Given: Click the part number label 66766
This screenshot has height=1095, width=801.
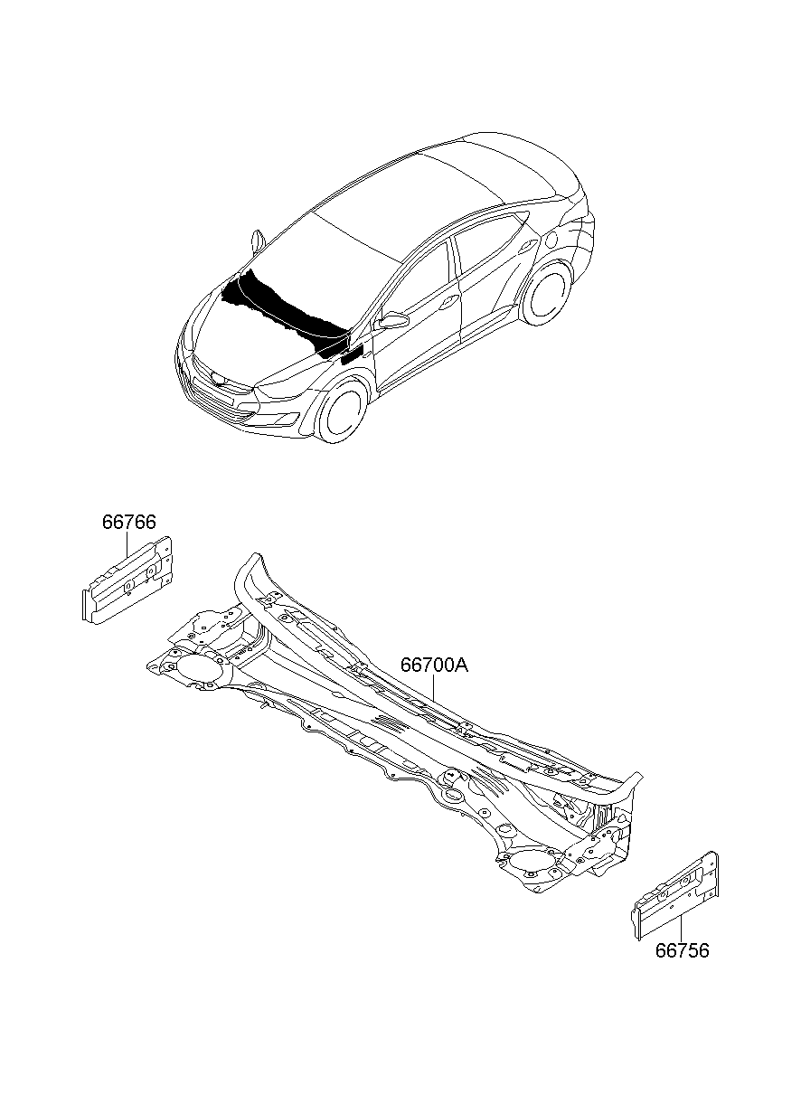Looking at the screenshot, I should click(128, 523).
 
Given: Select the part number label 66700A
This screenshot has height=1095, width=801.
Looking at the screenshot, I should click(434, 665).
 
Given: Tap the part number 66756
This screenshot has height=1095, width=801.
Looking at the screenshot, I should click(683, 951).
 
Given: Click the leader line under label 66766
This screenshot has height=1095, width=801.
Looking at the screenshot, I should click(128, 546).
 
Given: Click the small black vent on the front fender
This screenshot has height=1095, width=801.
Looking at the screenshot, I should click(351, 354).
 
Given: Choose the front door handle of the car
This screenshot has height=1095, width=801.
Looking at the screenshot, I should click(445, 305).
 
